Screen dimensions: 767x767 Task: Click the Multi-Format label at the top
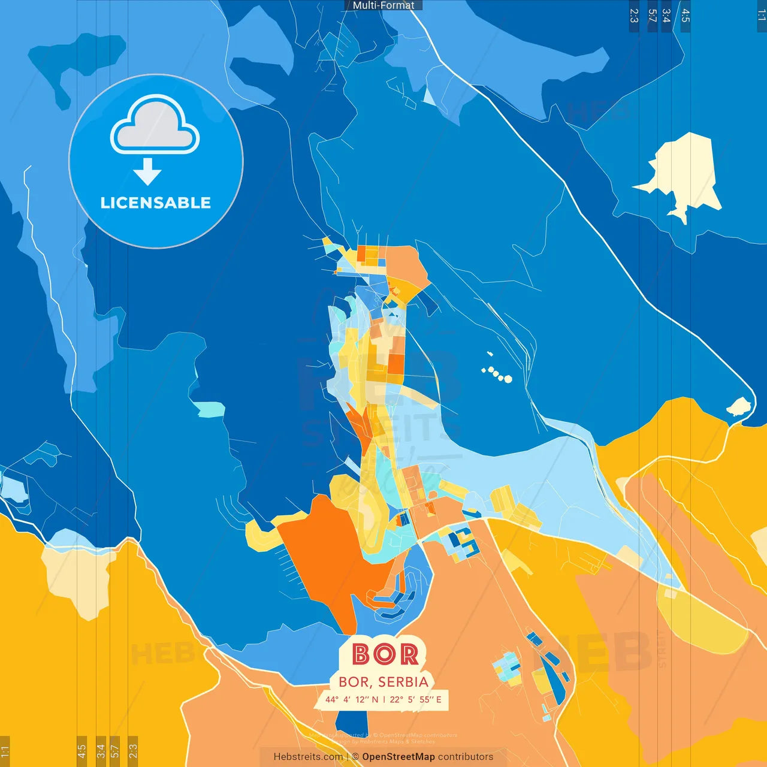click(383, 5)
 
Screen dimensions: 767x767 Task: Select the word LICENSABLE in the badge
click(155, 203)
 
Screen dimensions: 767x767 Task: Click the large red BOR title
click(385, 654)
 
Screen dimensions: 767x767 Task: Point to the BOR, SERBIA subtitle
click(383, 682)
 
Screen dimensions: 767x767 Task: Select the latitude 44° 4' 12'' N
click(352, 699)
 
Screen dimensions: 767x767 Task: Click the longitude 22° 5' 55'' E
click(415, 699)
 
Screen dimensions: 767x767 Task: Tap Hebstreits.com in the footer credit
click(308, 757)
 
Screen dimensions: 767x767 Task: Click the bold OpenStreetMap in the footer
click(398, 757)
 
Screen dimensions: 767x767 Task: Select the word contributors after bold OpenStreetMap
click(466, 757)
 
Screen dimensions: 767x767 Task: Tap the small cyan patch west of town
click(209, 409)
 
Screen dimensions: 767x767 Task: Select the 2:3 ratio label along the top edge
click(634, 16)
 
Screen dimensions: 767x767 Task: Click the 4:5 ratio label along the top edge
click(686, 16)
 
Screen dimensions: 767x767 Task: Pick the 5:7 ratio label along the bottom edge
click(115, 750)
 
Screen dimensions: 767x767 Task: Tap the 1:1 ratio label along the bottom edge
click(5, 750)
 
